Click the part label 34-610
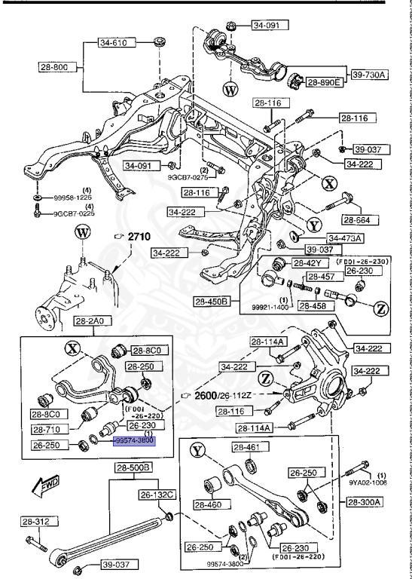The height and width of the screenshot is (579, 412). tap(114, 43)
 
